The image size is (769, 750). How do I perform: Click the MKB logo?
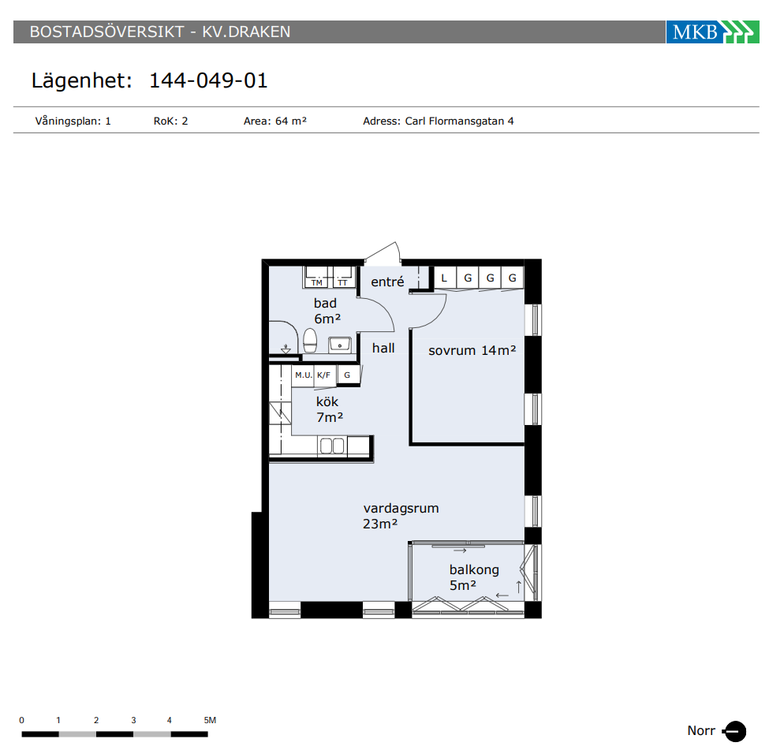(712, 32)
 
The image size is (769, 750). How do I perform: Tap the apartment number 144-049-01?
(208, 80)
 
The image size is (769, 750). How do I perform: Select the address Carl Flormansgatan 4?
(459, 121)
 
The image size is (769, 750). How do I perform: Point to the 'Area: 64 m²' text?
(275, 121)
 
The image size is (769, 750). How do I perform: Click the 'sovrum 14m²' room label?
(472, 350)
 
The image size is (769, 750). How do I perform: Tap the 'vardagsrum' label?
(401, 508)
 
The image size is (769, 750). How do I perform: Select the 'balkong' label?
(474, 569)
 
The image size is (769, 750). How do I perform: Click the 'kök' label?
(327, 401)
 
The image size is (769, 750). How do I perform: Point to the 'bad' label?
(325, 303)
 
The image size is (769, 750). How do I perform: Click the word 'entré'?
(387, 282)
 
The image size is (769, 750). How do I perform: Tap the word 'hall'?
(383, 348)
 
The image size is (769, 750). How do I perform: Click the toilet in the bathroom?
(310, 341)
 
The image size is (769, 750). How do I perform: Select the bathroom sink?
(339, 345)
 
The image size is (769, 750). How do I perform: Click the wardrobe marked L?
(445, 278)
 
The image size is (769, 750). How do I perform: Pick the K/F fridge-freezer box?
(324, 375)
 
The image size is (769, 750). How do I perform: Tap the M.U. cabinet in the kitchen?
(303, 375)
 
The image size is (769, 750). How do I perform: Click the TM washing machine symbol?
(316, 277)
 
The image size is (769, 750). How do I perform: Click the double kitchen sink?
(332, 446)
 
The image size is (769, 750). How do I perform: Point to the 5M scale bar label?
(210, 720)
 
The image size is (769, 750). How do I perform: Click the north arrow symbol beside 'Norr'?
(734, 731)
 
